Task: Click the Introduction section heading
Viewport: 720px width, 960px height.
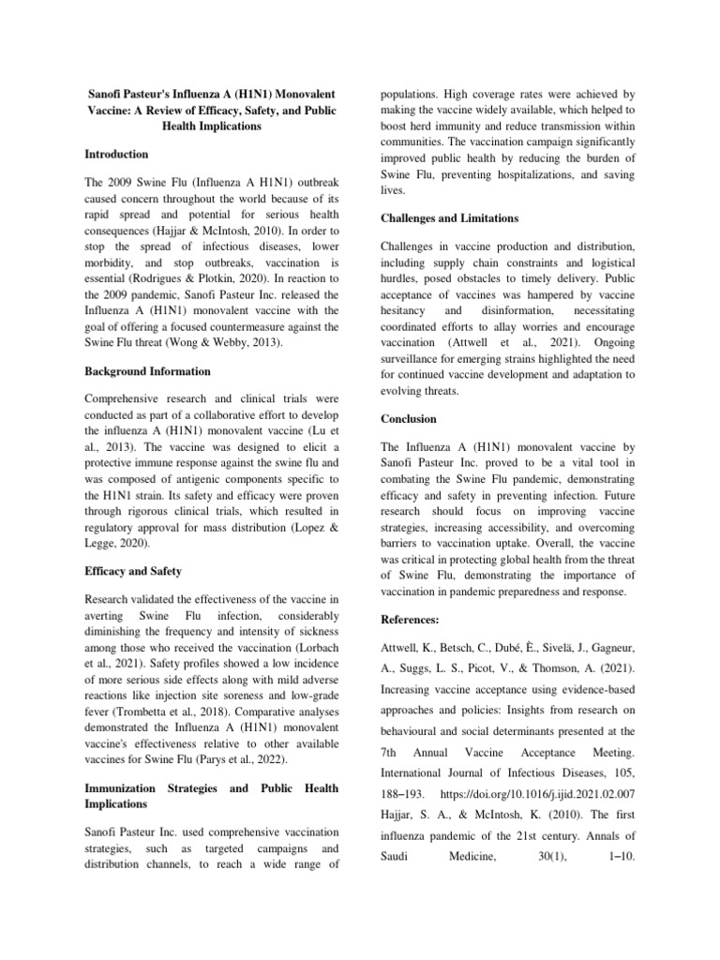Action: coord(116,154)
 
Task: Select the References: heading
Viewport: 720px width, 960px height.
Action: coord(413,620)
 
